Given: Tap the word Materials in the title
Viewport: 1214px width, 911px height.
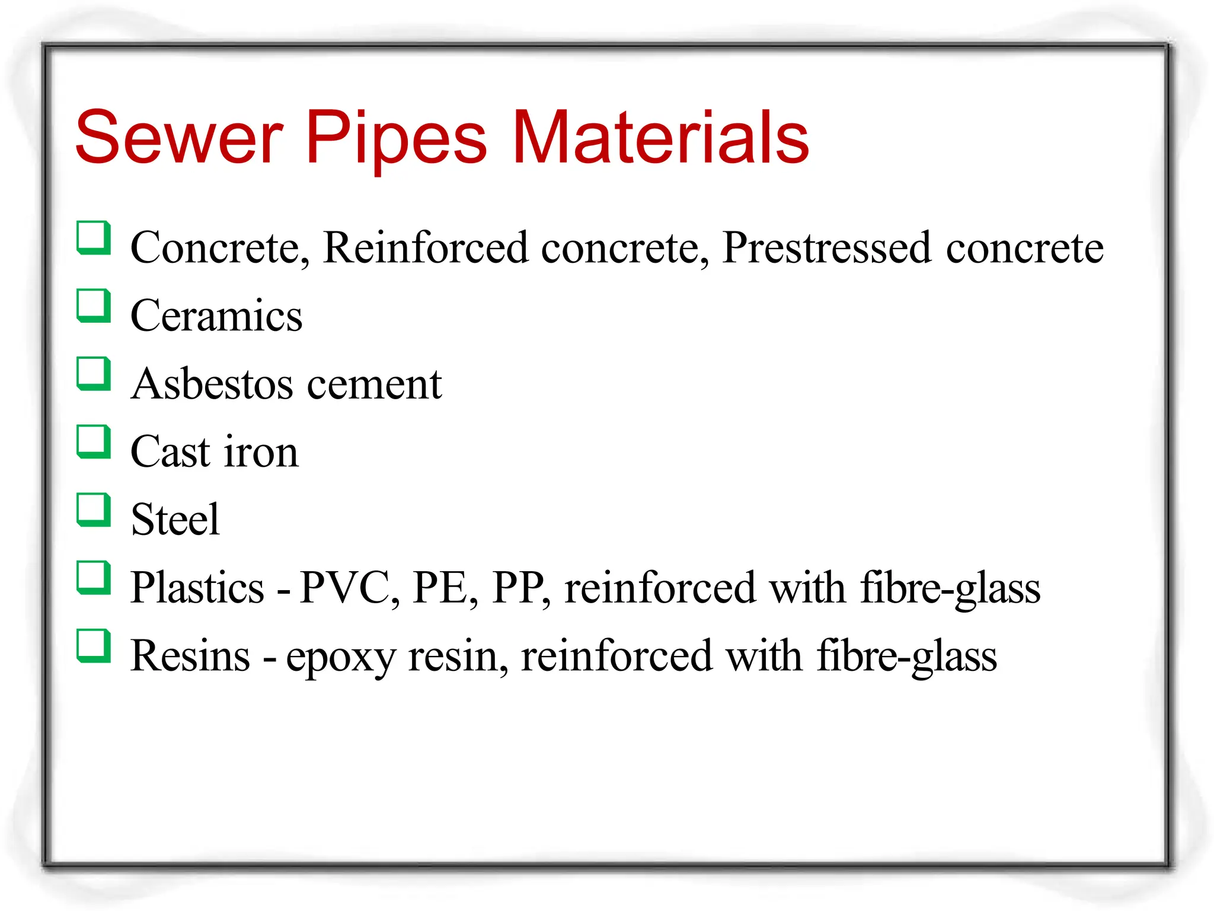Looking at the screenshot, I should [660, 138].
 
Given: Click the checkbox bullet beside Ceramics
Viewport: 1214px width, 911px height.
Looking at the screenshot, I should [94, 306].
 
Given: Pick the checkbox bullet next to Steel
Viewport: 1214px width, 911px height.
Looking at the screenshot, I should [94, 510].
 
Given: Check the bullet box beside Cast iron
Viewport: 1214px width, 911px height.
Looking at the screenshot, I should [94, 442].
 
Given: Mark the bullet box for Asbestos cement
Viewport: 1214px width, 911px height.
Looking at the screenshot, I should [94, 374].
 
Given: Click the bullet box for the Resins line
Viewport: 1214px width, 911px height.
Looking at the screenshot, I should [94, 646].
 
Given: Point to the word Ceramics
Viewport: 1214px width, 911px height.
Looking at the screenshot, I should [216, 316].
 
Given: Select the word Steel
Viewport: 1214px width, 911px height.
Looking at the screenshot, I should [175, 520].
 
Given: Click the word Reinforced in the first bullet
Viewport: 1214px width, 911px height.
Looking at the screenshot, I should [425, 248].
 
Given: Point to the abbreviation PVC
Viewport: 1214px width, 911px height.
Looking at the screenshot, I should [344, 588].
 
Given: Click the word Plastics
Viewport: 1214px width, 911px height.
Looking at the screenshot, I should [197, 588].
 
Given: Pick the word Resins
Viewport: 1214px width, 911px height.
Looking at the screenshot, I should [190, 656].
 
